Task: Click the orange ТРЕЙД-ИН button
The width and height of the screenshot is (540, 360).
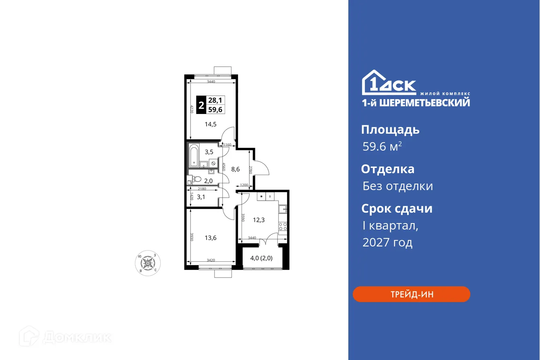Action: click(411, 294)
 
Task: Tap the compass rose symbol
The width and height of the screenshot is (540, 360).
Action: click(148, 264)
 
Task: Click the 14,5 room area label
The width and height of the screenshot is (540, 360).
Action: click(210, 124)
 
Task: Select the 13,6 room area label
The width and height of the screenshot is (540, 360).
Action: click(210, 238)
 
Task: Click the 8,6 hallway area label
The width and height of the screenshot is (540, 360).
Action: click(235, 170)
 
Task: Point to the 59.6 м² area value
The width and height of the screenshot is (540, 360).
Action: click(382, 147)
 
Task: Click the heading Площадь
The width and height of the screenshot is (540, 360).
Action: click(390, 130)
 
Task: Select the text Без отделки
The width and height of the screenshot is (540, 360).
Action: click(397, 186)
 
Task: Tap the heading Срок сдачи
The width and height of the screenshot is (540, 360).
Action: click(397, 209)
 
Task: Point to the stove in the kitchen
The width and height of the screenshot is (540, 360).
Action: click(283, 227)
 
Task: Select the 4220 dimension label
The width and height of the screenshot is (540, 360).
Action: click(192, 109)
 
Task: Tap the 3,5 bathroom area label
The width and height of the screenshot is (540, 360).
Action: click(209, 152)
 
